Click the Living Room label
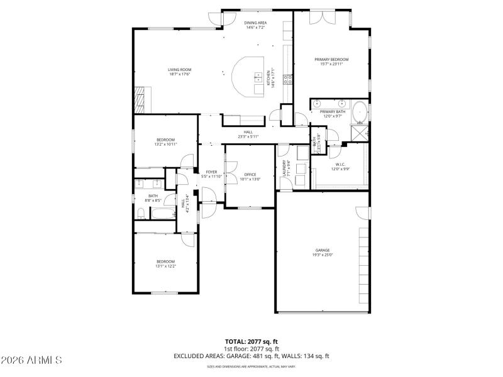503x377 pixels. coord(179,70)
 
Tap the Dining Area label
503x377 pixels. coord(255,23)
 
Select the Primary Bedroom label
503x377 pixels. coord(331,60)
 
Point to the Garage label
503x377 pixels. coord(323,250)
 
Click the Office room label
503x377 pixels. coord(250,174)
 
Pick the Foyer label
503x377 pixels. coord(211,172)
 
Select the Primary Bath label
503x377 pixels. coord(332,111)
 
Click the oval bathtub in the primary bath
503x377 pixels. coord(359,112)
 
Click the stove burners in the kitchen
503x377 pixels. coord(289,79)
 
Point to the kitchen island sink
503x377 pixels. coord(258,78)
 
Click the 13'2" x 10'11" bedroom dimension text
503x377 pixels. coord(166,144)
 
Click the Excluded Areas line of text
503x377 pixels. coord(251,356)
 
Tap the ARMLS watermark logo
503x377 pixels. coord(31,360)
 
